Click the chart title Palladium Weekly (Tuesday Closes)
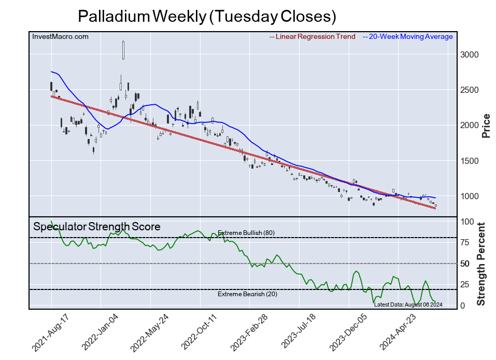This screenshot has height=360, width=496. (207, 16)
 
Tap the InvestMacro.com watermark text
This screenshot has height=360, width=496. (60, 37)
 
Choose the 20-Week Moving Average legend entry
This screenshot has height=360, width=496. (409, 37)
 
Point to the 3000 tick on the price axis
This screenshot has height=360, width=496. (470, 55)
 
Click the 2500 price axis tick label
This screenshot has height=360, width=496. (470, 90)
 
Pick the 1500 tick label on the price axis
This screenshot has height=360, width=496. (470, 161)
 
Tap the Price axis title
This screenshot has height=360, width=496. (486, 126)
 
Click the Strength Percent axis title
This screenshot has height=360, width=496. (481, 264)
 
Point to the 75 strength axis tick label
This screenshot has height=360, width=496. (465, 242)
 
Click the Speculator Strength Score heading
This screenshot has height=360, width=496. (97, 227)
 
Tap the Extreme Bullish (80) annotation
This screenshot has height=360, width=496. (246, 233)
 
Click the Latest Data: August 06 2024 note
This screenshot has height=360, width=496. (408, 304)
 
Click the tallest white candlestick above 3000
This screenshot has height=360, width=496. (123, 50)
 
